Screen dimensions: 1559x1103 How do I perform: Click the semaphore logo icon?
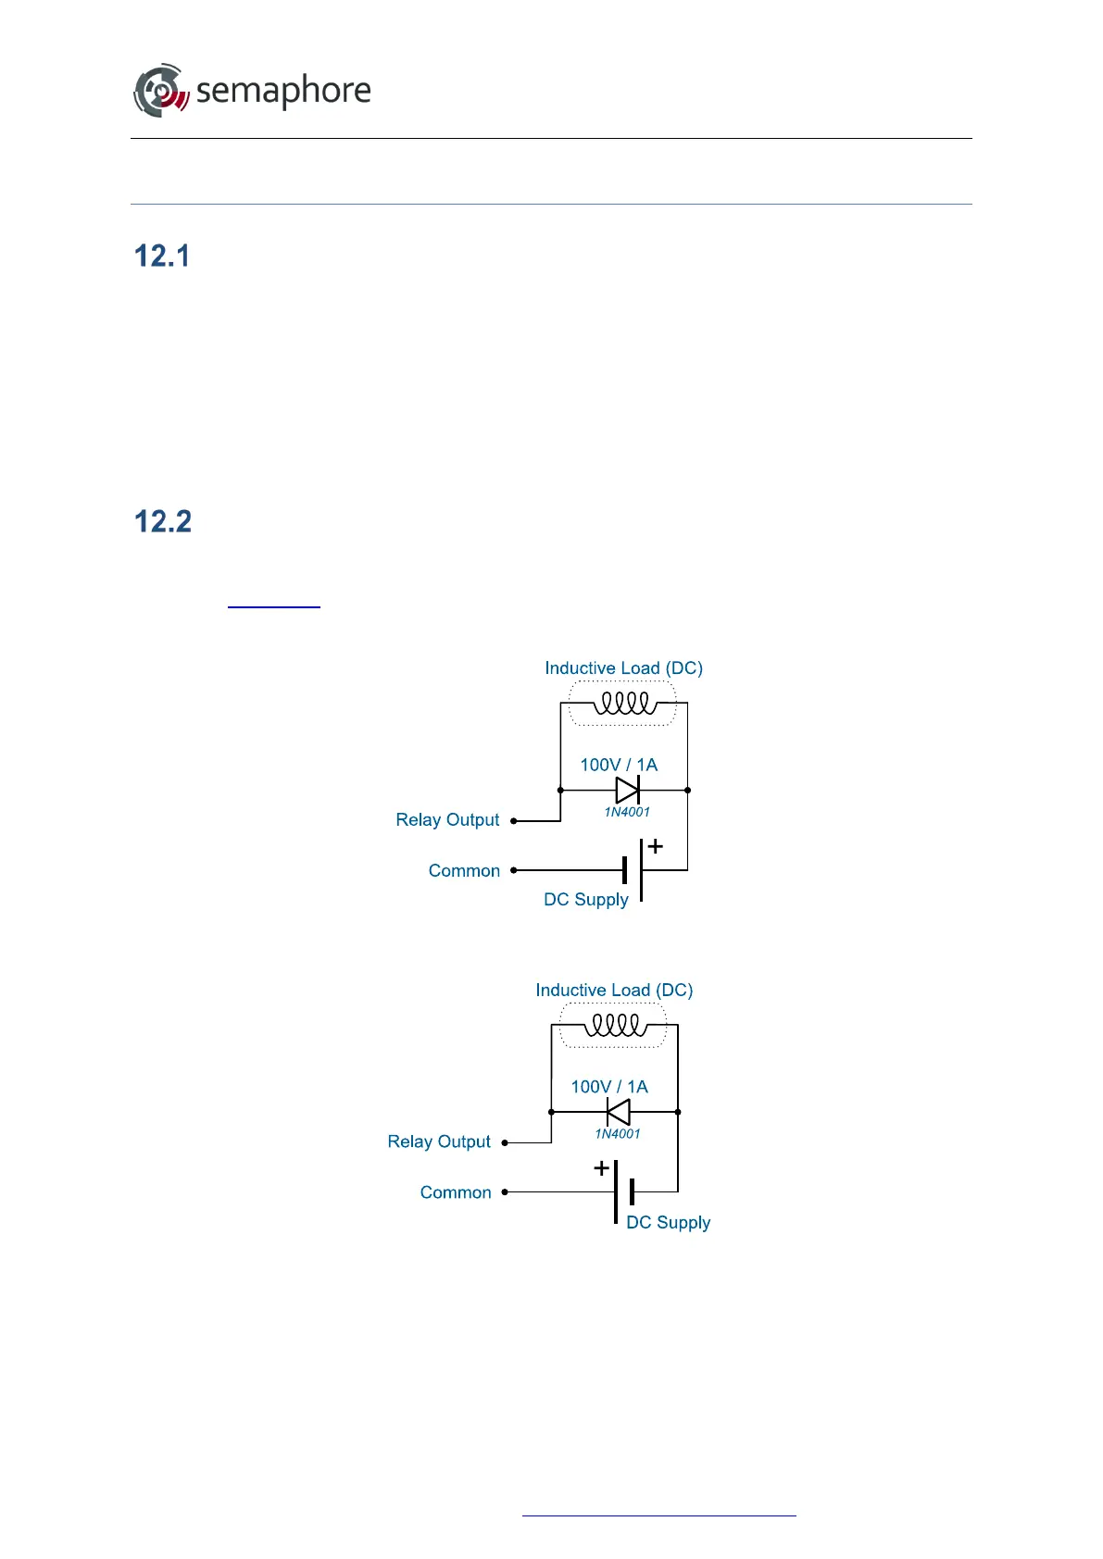tap(161, 91)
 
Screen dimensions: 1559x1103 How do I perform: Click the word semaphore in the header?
tap(283, 91)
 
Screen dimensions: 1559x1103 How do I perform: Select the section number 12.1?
tap(162, 256)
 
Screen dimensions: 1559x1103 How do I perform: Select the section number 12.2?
tap(163, 522)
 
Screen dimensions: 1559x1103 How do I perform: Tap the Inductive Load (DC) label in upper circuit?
tap(623, 668)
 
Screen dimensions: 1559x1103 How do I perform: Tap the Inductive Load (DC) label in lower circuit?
tap(614, 991)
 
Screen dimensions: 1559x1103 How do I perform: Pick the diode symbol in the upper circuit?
tap(627, 790)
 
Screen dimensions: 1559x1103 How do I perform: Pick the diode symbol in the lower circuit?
tap(618, 1112)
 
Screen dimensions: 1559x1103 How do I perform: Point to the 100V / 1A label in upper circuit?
tap(619, 765)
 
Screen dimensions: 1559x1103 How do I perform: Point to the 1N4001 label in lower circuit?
tap(618, 1134)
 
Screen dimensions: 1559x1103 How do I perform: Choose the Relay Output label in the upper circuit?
tap(447, 820)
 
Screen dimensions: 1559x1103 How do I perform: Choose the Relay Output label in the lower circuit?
tap(439, 1142)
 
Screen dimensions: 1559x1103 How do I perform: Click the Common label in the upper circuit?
tap(464, 871)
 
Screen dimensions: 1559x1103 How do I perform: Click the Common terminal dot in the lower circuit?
tap(505, 1192)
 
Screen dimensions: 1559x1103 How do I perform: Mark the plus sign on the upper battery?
tap(656, 846)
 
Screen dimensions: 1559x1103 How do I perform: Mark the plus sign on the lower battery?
tap(601, 1168)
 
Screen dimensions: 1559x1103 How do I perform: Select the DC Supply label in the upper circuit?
tap(586, 900)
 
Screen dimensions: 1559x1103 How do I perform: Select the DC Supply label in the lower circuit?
tap(668, 1223)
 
